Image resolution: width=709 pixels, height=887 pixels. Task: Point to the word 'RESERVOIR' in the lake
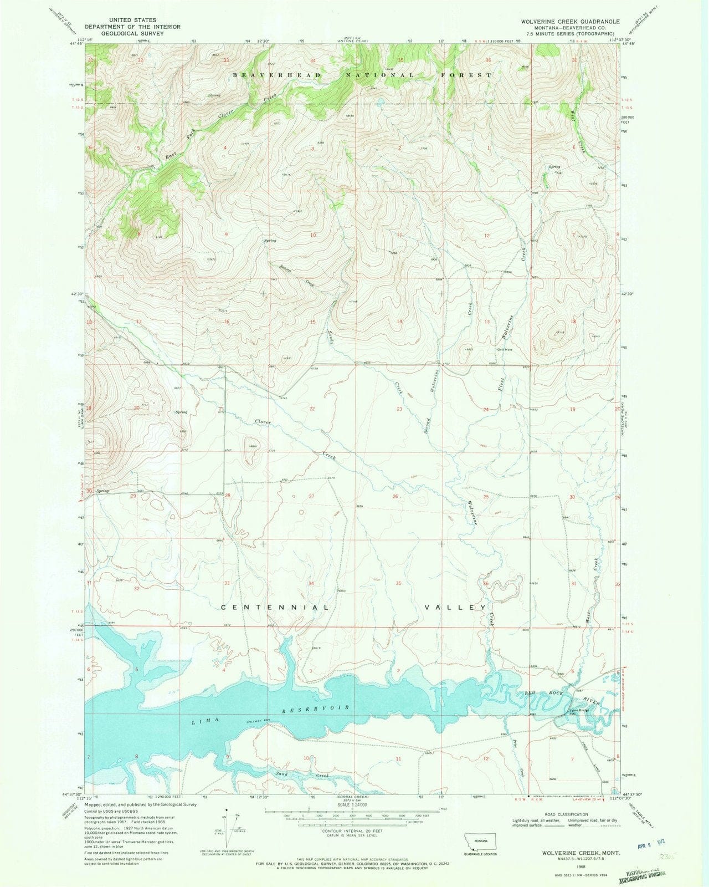coord(315,709)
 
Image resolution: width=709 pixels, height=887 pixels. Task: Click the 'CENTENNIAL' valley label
coord(276,608)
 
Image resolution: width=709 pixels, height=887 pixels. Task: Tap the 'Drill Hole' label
coord(504,350)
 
